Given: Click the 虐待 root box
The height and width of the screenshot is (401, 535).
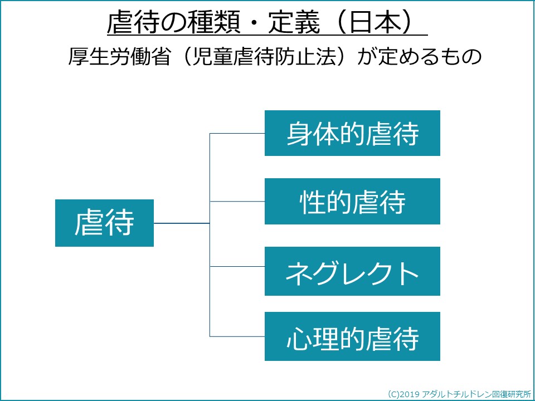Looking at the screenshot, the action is click(104, 223).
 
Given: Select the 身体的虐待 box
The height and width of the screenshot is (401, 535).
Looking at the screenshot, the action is click(352, 133).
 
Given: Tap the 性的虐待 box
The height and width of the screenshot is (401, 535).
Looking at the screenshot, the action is click(352, 201).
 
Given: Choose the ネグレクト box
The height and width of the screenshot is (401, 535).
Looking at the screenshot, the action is click(352, 271).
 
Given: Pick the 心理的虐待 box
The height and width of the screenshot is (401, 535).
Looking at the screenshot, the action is click(352, 336).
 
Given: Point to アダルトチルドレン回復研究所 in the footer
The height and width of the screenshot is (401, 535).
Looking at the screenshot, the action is click(476, 394).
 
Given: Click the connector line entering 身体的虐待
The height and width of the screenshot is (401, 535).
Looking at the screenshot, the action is click(237, 133).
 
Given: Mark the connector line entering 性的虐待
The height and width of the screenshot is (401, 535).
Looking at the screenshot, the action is click(237, 201).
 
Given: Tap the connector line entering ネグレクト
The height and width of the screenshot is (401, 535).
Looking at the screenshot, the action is click(237, 266).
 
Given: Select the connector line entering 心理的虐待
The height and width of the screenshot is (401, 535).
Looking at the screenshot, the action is click(237, 336).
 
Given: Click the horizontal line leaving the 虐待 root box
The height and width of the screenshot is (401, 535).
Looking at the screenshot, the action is click(182, 223).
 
